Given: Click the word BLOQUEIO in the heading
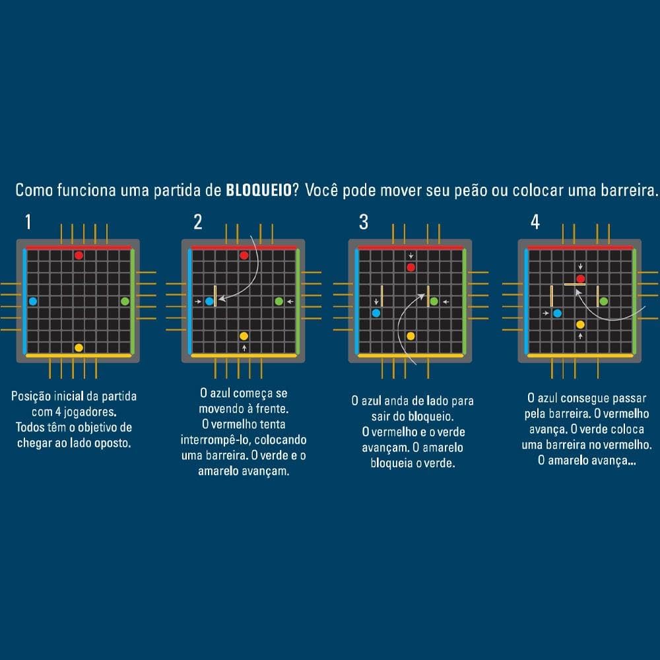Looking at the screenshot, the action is pos(259,190).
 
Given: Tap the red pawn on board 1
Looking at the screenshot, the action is pos(79,255).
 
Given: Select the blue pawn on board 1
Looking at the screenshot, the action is pos(33,302).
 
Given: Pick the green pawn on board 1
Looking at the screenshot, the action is pos(125,302).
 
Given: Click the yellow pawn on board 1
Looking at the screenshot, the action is pos(79,348).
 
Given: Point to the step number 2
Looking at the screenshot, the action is pos(198,222).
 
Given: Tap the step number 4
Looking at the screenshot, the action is pos(535,222).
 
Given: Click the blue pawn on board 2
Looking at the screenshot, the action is pos(209,302).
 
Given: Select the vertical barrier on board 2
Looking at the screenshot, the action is pos(215,296).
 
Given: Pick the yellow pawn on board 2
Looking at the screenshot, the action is pos(244,336).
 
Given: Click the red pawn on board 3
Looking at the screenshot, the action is pos(411,267).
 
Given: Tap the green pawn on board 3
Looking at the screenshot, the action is pos(434,302).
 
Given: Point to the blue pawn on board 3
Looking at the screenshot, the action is pos(376,313).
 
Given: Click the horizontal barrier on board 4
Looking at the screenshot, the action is pos(575,284).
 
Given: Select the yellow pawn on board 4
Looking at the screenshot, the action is pos(580,325).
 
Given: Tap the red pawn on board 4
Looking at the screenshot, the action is pos(580,279).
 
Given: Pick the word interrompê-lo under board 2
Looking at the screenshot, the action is pos(216,440).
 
